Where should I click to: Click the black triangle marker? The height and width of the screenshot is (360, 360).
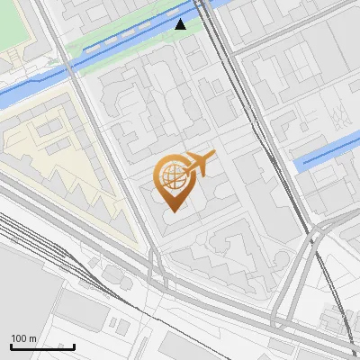181,24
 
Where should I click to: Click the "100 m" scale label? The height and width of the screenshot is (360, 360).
24,338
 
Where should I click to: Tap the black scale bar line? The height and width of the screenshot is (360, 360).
42,346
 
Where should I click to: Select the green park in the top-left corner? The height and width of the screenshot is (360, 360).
18,22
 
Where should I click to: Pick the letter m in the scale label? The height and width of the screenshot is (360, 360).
32,338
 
